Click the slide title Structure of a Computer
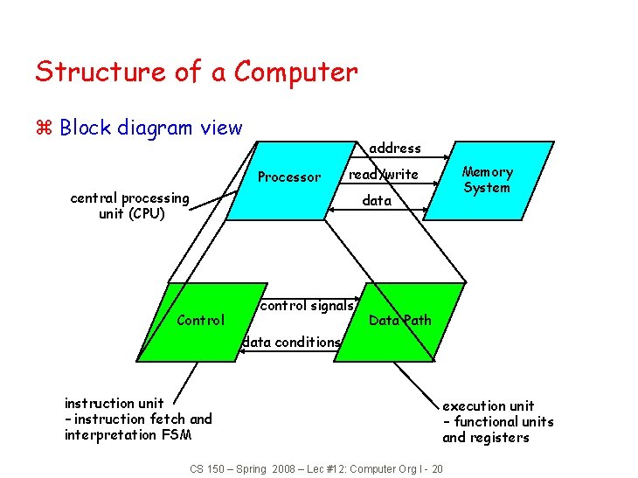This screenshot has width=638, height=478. [196, 72]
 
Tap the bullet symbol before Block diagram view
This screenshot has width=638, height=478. [45, 128]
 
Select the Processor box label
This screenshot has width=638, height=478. [289, 177]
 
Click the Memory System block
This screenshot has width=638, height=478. [488, 180]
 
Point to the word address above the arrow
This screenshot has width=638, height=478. [395, 149]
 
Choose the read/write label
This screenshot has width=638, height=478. [383, 175]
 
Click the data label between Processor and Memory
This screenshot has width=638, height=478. [377, 201]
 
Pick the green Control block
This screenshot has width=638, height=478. [201, 321]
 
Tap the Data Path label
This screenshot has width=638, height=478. [399, 320]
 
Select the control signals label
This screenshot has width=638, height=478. [308, 306]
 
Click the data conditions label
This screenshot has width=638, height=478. [291, 343]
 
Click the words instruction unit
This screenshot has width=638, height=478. [114, 404]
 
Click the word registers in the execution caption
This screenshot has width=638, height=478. [499, 438]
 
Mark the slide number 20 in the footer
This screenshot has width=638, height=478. [436, 469]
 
